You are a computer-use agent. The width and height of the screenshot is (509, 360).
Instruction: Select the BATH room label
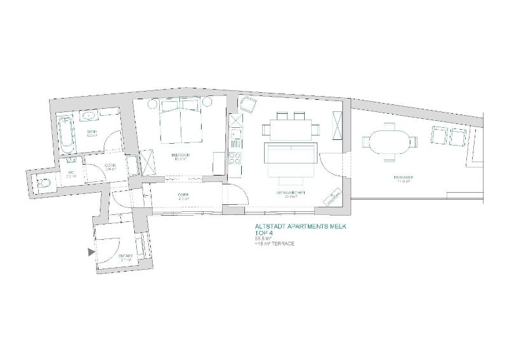(x=92, y=133)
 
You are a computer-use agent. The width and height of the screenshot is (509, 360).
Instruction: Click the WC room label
(x=69, y=175)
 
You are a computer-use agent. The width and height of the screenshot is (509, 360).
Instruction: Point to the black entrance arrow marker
(x=91, y=253)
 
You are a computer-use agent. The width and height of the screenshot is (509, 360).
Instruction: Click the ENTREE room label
(x=125, y=258)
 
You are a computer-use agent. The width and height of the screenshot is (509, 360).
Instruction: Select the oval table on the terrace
(x=387, y=141)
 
